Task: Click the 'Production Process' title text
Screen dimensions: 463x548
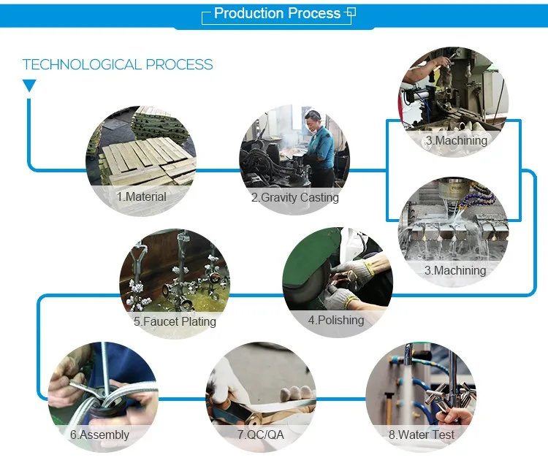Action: coord(277,13)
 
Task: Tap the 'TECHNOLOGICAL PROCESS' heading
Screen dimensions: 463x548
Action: coord(118,64)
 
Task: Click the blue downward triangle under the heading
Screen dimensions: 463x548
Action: coord(29,86)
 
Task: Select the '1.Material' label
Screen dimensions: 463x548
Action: coord(141,196)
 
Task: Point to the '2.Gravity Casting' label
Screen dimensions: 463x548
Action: coord(294,197)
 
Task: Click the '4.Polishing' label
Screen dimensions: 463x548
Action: coord(336,320)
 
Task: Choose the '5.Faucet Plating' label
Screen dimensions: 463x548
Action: coord(175,321)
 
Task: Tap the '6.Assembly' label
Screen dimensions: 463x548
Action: coord(99,435)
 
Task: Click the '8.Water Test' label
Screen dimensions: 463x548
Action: coord(421,435)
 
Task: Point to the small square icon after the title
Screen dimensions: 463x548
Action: coord(351,13)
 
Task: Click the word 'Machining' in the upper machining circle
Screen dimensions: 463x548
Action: coord(461,140)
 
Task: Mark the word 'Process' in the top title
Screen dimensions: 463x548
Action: coord(313,13)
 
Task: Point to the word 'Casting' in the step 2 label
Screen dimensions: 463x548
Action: coord(319,197)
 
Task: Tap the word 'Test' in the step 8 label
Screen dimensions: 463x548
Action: coord(441,435)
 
